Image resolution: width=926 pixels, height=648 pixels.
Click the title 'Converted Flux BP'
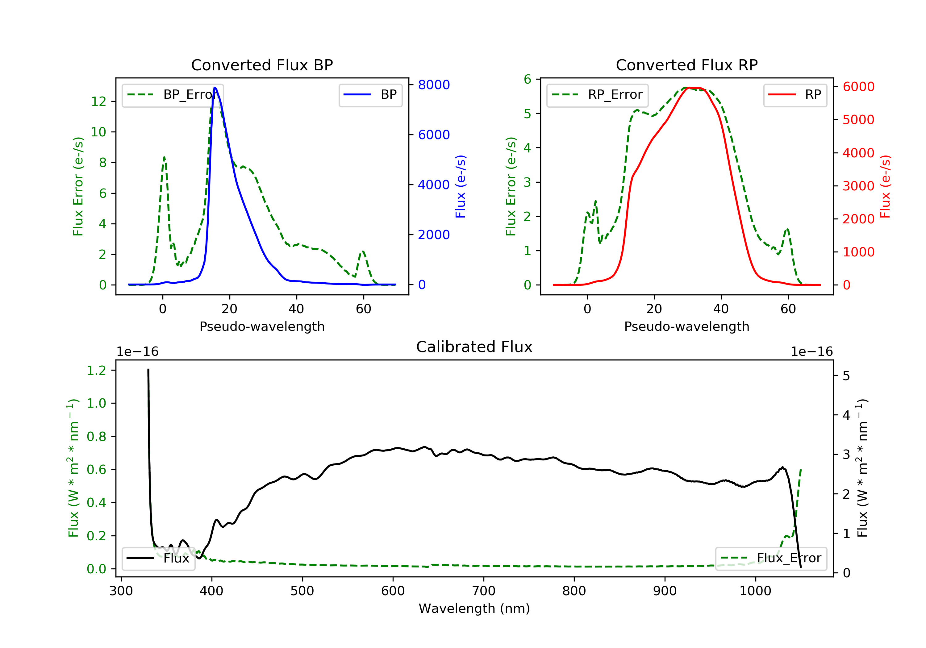click(262, 65)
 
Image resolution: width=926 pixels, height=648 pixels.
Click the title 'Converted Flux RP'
click(686, 65)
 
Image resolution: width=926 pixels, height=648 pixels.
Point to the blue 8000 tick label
click(434, 85)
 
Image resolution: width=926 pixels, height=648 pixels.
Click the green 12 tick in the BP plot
click(98, 101)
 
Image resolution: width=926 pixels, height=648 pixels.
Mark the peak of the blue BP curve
click(215, 88)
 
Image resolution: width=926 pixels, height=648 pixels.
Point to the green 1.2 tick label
click(96, 370)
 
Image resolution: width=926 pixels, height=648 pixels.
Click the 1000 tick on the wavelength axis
click(755, 591)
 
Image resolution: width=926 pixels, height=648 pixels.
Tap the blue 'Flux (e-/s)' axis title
click(460, 186)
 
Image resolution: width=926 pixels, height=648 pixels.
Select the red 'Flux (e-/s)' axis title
click(885, 186)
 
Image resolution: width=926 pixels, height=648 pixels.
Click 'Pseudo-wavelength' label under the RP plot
click(686, 326)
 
